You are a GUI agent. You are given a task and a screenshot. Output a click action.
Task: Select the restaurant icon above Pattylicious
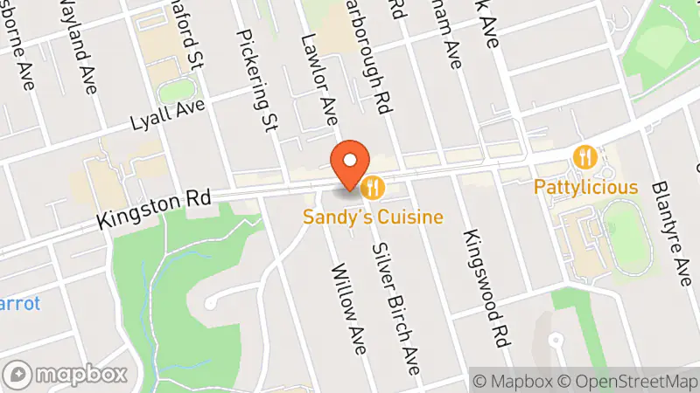point(584,158)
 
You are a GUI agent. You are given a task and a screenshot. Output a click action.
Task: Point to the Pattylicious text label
point(587,188)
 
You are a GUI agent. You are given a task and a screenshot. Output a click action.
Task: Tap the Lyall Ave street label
point(167,112)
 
